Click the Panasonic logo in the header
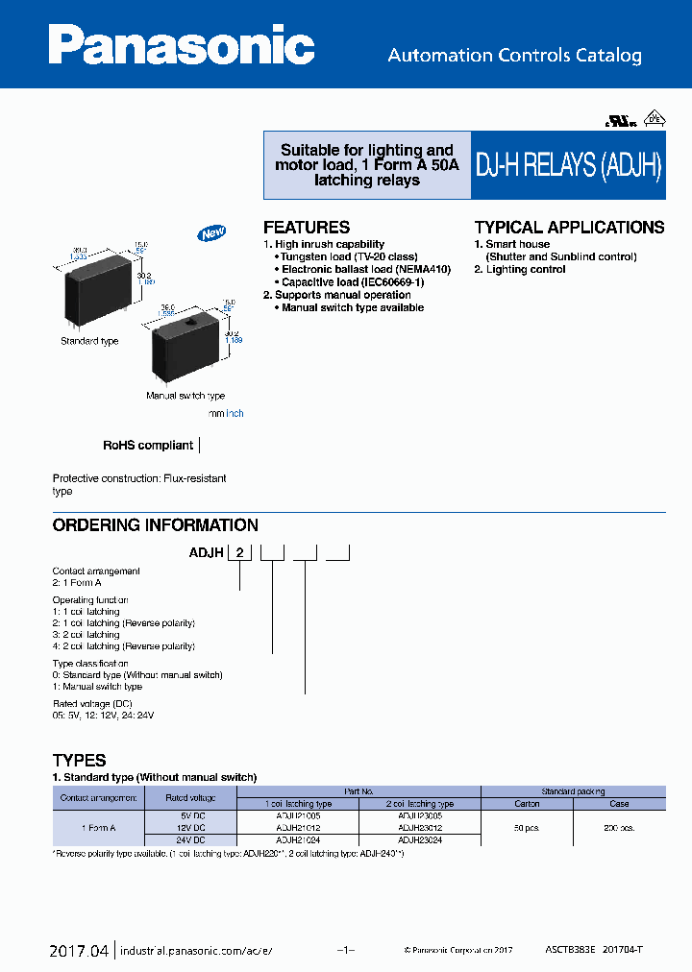click(182, 45)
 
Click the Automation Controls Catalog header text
click(514, 56)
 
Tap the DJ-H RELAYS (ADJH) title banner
click(569, 165)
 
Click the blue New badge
click(210, 233)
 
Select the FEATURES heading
click(307, 228)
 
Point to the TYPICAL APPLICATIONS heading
click(569, 228)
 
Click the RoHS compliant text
click(148, 446)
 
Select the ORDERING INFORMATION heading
click(155, 525)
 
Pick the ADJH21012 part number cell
click(298, 827)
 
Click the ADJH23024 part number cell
click(419, 838)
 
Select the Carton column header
click(527, 804)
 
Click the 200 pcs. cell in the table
click(619, 827)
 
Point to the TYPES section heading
click(79, 760)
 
